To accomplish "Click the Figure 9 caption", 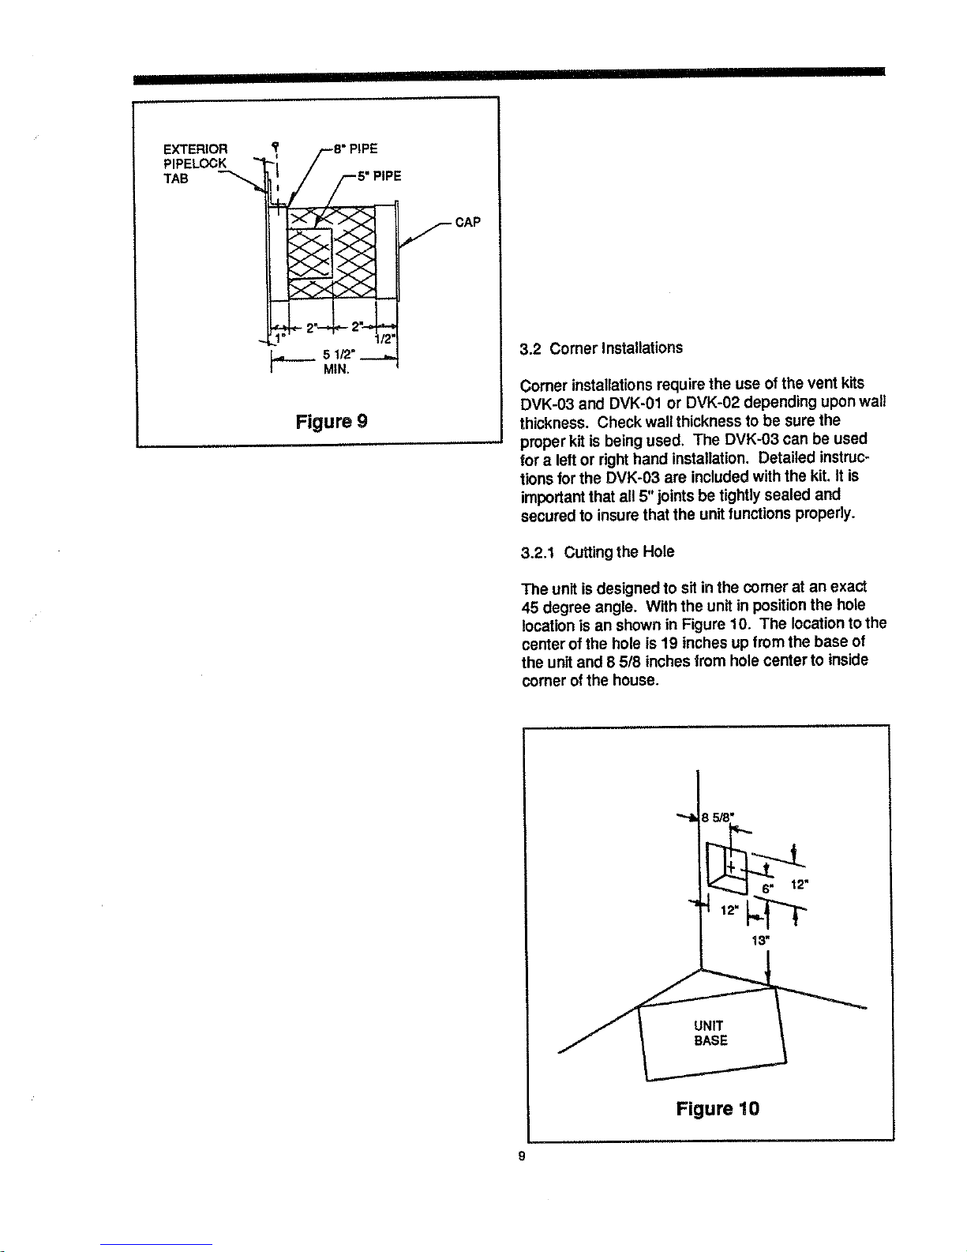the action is pos(332,422).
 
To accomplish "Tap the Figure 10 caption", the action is pos(718,1108).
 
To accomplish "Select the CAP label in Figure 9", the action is pos(467,223).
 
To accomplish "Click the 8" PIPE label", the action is pos(356,149).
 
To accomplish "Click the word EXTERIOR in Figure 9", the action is pos(196,149).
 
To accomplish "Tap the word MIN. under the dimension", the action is pos(336,370).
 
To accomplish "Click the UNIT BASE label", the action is pos(710,1033).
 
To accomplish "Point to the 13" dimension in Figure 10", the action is pos(759,940).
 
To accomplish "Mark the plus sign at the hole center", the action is pos(731,867).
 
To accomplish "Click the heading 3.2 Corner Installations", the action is pos(601,348).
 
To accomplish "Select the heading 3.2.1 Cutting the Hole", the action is pos(598,552).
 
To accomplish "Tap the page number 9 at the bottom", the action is pos(522,1156).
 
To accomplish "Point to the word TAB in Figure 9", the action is pos(175,179).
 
